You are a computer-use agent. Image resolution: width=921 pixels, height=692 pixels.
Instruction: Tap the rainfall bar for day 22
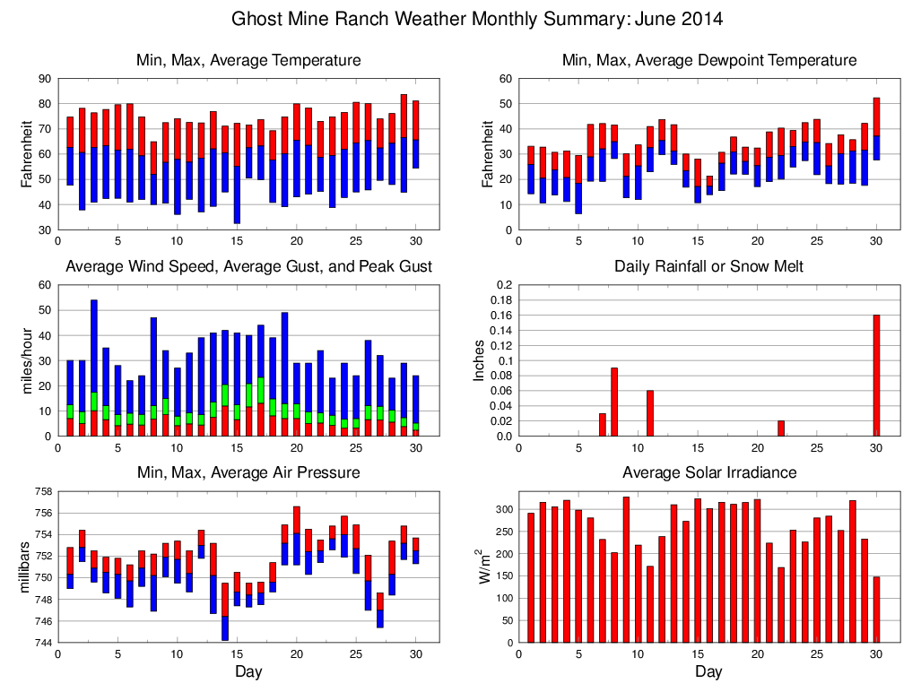point(781,428)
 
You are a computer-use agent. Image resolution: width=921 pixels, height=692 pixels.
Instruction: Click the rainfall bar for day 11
point(650,413)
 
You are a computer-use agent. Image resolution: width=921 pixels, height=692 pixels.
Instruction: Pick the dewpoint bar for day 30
point(876,129)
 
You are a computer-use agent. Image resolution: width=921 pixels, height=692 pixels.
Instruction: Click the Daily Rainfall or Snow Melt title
point(708,266)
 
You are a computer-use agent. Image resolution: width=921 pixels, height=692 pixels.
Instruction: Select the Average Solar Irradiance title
point(708,472)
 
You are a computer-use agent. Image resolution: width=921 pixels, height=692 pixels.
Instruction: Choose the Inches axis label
point(479,360)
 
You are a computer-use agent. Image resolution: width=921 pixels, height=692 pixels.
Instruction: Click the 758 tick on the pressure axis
point(40,491)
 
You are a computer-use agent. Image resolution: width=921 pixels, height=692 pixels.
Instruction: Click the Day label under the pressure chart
point(248,671)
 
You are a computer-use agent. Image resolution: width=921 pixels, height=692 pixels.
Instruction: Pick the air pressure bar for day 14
point(225,611)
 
